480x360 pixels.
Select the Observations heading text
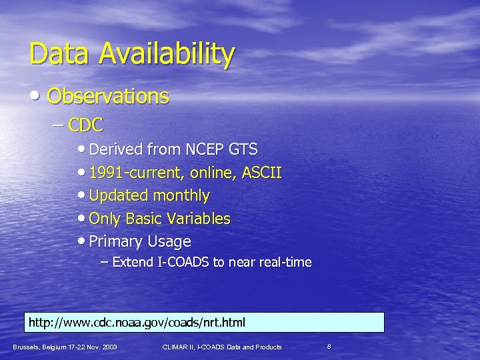tap(108, 97)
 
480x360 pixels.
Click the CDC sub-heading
tap(86, 124)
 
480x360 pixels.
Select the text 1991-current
tap(134, 174)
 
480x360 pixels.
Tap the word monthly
tap(181, 196)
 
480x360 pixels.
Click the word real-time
tap(284, 262)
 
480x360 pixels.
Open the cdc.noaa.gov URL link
tap(137, 323)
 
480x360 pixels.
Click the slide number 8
tap(329, 346)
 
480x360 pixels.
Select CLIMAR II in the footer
tap(179, 347)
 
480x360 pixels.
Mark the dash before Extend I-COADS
tap(104, 262)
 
